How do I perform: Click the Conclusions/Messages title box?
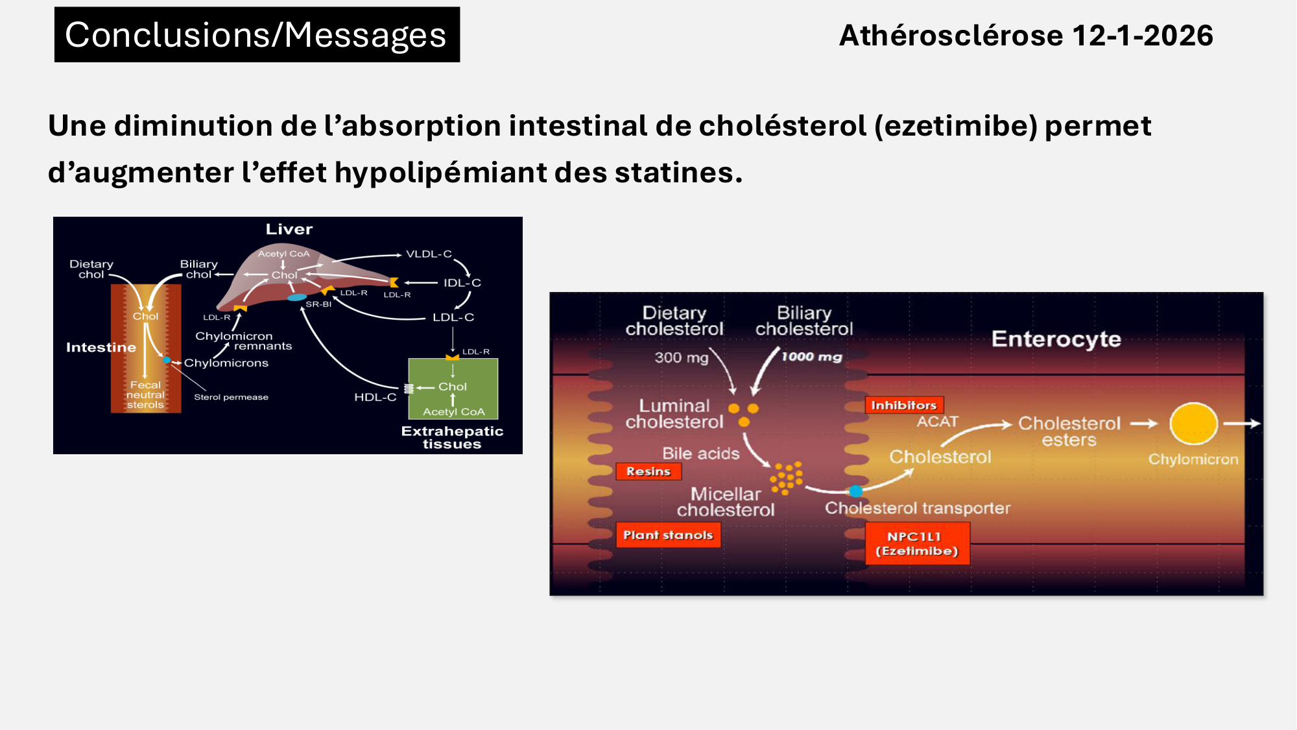(257, 35)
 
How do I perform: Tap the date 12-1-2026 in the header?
(1142, 36)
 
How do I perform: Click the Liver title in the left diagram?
(289, 229)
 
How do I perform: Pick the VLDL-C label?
(429, 254)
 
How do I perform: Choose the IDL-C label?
(462, 283)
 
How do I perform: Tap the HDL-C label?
(375, 397)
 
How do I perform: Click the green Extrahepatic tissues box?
(453, 388)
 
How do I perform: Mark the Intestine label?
(101, 347)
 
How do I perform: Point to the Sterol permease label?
(231, 397)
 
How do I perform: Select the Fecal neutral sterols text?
(145, 395)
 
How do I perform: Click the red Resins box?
(648, 472)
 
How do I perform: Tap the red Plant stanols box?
(668, 535)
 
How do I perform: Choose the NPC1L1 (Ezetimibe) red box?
(917, 544)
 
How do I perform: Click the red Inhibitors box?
(903, 406)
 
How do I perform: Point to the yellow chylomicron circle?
(1193, 424)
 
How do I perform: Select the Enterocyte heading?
(1056, 339)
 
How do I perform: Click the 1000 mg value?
(811, 357)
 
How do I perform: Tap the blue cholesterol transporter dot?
(856, 491)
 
